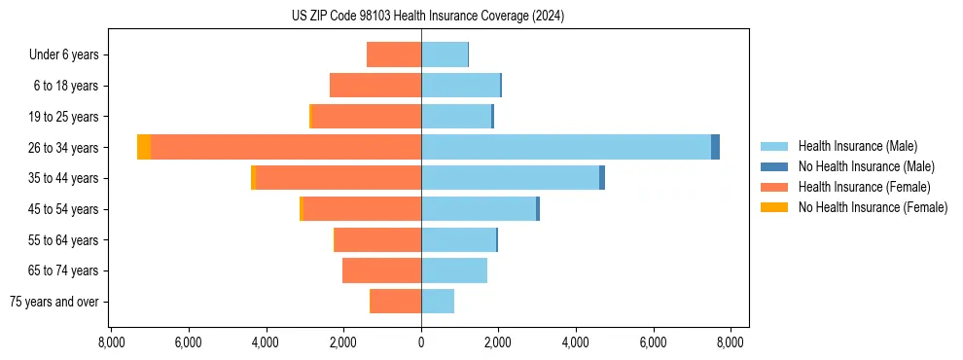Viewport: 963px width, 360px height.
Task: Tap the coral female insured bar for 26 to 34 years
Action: (286, 147)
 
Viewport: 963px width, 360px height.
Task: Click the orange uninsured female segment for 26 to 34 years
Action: (144, 147)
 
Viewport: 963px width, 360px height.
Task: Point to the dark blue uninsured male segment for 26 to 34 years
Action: (715, 147)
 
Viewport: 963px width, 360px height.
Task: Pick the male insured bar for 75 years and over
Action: (438, 302)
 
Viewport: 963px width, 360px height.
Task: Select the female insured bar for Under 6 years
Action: (394, 54)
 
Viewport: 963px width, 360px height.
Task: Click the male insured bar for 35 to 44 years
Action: (511, 178)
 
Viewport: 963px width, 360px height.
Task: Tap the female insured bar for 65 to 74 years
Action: (382, 270)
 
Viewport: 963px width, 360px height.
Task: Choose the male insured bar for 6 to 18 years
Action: (460, 86)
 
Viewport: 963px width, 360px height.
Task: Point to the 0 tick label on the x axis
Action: (421, 342)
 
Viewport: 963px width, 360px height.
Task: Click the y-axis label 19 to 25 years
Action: (64, 117)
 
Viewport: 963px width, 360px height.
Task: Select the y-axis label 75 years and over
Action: (53, 302)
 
